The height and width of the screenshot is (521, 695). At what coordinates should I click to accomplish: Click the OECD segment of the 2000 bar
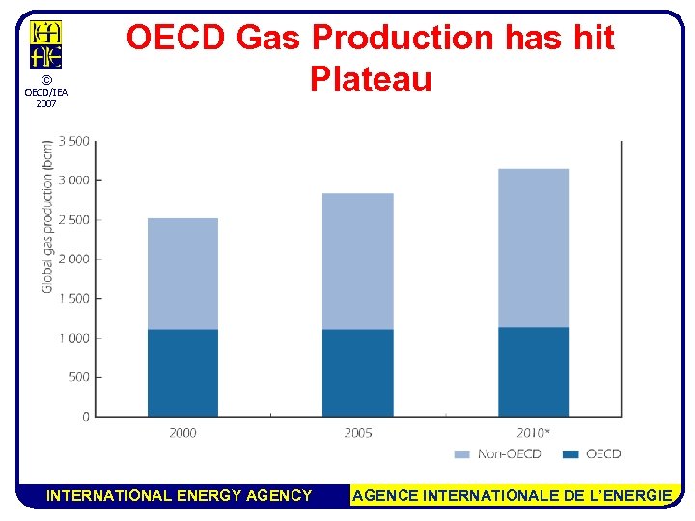tap(182, 372)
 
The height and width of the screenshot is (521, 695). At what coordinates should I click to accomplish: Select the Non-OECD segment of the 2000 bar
tap(182, 274)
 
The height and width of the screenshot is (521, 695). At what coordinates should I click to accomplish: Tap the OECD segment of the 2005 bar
tap(357, 372)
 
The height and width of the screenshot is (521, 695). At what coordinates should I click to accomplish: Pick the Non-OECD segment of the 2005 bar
tap(357, 261)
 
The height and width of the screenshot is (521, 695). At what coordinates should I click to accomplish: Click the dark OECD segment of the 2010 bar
tap(533, 371)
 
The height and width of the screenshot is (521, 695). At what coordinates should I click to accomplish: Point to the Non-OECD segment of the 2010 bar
tap(533, 248)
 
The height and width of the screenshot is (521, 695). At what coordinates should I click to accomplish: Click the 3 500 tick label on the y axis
tap(74, 141)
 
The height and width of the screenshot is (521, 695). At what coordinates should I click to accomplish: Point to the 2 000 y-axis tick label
tap(74, 259)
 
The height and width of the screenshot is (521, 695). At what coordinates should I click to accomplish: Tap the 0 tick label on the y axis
tap(85, 417)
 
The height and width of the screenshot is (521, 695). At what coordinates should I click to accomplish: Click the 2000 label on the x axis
tap(182, 433)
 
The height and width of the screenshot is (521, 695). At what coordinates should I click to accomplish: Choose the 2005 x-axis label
tap(357, 433)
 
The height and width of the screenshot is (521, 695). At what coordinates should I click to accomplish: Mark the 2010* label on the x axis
tap(534, 433)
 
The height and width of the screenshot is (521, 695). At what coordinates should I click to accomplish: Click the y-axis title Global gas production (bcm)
tap(47, 217)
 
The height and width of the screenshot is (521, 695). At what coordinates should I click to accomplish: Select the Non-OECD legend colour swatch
tap(461, 453)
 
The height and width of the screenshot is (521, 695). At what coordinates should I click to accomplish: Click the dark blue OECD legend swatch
tap(570, 453)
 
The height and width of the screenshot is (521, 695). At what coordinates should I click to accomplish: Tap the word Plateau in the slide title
tap(371, 78)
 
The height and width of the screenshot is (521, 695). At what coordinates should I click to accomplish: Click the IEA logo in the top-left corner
tap(45, 44)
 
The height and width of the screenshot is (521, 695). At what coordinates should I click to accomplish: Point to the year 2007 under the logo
tap(45, 103)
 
